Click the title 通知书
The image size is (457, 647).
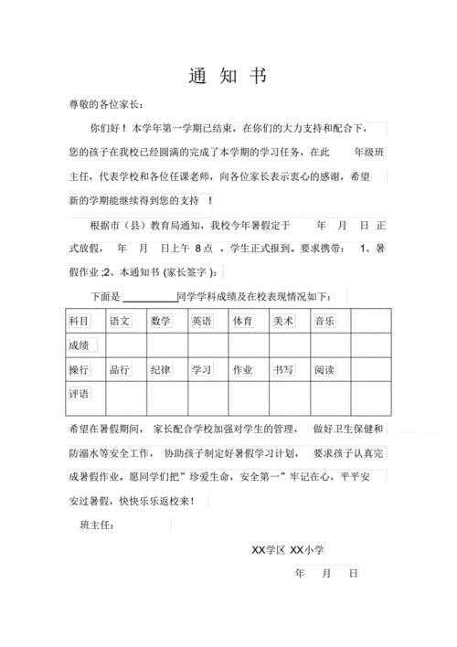point(228,76)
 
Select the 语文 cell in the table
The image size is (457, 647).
point(121,321)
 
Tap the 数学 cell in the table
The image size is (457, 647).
point(161,321)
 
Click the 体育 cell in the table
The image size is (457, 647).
point(242,321)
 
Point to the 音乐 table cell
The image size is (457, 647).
point(324,321)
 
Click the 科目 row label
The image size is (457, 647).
point(80,321)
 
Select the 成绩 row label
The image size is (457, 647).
point(80,345)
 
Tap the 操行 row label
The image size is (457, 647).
point(80,370)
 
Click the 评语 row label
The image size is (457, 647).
point(80,395)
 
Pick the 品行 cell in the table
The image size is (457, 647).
point(121,370)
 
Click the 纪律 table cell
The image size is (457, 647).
point(161,370)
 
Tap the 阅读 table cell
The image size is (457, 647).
point(324,370)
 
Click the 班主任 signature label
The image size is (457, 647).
point(96,525)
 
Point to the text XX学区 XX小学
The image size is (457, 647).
point(289,549)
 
